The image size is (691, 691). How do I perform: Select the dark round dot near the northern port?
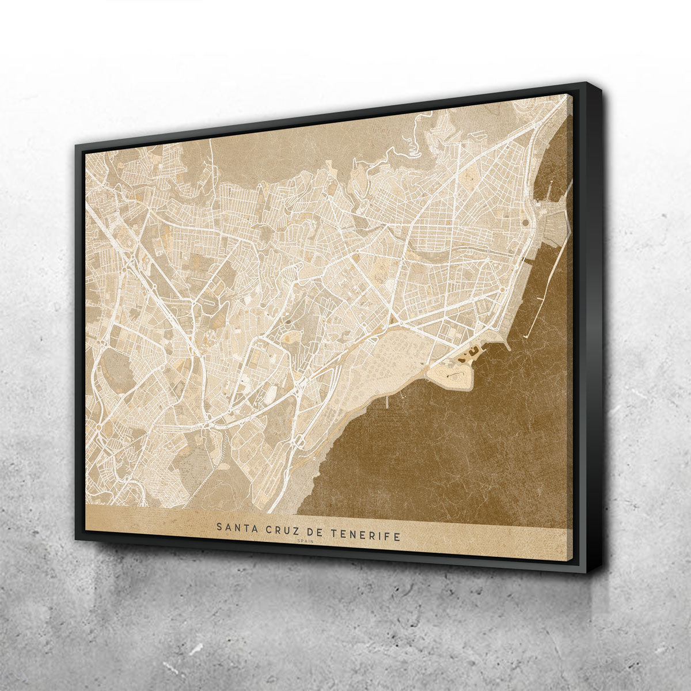(x=525, y=221)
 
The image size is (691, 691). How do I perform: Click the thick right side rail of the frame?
(x=593, y=328)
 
